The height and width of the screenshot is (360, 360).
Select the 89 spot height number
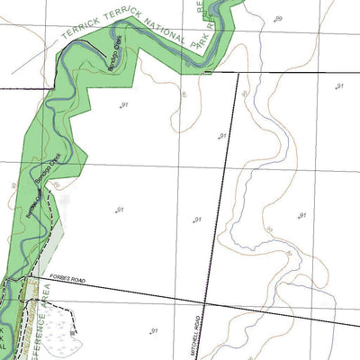point(278,19)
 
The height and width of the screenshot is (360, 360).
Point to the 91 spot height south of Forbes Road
point(155,330)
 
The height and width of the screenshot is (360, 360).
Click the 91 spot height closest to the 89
point(339,85)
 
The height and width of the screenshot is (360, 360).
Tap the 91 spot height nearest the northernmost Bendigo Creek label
point(123,106)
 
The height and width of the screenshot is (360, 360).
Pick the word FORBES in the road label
point(59,277)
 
